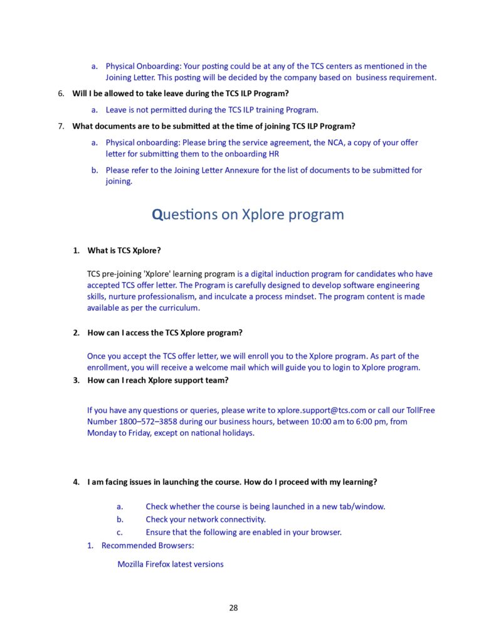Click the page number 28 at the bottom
(233, 607)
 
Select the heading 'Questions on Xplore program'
(248, 214)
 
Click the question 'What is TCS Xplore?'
(124, 251)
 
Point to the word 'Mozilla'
(130, 564)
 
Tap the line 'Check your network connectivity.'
(206, 519)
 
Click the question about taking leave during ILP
(181, 94)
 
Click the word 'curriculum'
(177, 308)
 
